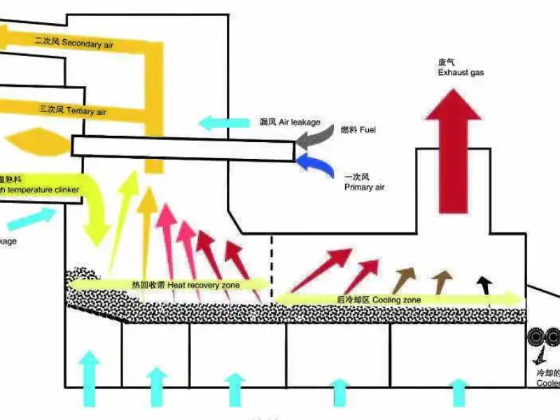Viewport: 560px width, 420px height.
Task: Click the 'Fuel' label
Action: tap(358, 131)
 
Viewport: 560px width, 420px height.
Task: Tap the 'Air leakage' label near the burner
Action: tap(289, 122)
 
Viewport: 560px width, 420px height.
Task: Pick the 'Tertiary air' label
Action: tap(73, 110)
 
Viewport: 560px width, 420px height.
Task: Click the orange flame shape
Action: tap(35, 142)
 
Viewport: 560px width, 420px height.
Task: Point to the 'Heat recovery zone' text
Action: tap(185, 285)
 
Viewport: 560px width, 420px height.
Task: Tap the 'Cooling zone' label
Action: tap(379, 300)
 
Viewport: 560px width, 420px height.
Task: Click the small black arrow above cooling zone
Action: tap(482, 284)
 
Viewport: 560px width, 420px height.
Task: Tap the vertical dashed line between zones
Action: tap(272, 269)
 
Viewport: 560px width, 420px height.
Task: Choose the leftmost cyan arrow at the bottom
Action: tap(89, 378)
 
